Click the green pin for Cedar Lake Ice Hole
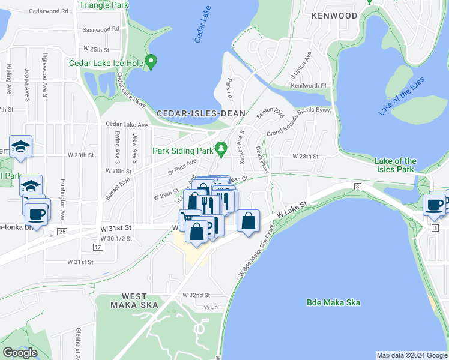[151, 62]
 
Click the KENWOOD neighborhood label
[334, 16]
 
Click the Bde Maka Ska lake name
[333, 302]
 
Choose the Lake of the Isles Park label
[395, 165]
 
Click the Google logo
[20, 353]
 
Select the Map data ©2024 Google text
[411, 355]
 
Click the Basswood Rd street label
[101, 29]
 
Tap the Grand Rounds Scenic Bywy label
[298, 121]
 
